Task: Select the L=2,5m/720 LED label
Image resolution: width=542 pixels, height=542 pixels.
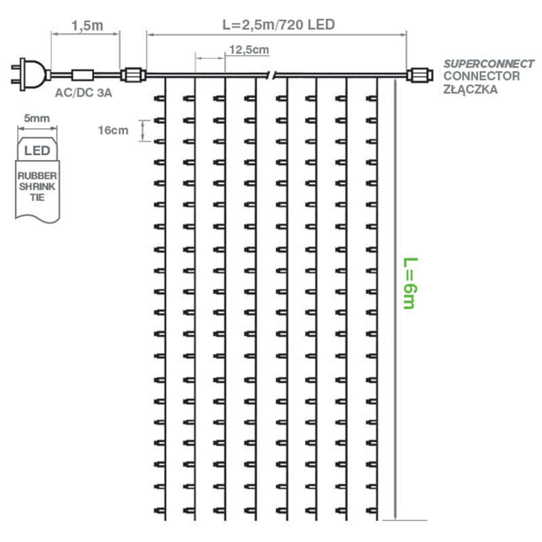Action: (278, 24)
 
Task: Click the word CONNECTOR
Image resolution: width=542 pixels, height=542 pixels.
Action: (482, 76)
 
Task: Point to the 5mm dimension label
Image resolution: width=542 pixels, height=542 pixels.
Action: (37, 118)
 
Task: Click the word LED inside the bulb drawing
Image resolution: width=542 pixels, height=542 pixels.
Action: (37, 150)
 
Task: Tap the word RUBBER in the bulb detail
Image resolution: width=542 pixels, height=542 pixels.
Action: (37, 175)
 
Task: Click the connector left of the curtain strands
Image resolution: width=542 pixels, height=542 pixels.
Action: (133, 73)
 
